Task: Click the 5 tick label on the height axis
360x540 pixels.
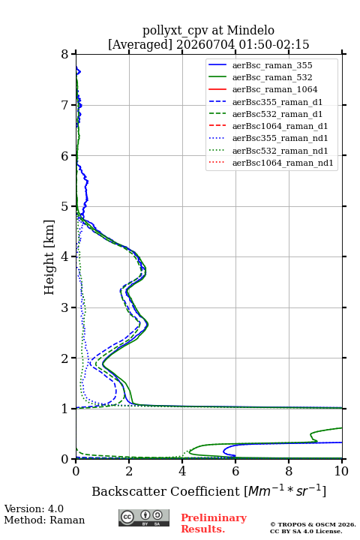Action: tap(65, 206)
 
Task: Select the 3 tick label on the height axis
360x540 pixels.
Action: tap(65, 307)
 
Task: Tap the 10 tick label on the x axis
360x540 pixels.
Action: tap(341, 471)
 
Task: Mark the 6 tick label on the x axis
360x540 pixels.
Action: tap(235, 471)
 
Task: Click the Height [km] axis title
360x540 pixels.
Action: tap(49, 257)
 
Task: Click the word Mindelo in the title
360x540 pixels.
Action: tap(250, 30)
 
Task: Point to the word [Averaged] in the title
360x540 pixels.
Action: tap(140, 44)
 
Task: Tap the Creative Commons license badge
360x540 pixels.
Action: tap(144, 517)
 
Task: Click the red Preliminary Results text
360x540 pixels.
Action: tap(214, 523)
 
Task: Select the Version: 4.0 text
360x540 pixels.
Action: tap(34, 508)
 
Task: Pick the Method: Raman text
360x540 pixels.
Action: tap(44, 520)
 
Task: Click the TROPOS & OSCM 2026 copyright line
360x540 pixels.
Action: tap(313, 524)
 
